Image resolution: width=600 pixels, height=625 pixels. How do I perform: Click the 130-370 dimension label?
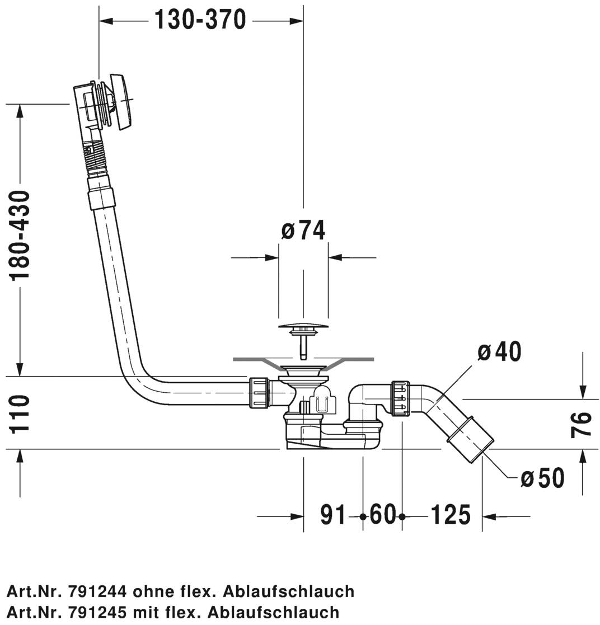coord(200,21)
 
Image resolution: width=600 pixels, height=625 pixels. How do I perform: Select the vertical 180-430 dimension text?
coord(20,236)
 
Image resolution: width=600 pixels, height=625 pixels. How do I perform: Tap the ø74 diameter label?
coord(303,230)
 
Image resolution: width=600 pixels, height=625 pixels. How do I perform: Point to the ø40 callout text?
coord(499,352)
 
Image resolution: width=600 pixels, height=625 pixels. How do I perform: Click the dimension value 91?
coord(334,515)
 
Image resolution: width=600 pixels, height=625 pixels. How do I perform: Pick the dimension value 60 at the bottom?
coord(382,515)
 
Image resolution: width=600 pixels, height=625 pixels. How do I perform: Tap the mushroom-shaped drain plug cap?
coord(303,326)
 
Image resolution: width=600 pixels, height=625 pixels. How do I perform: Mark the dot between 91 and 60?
coord(363,516)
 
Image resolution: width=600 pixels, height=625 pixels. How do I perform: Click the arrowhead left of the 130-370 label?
coord(106,21)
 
